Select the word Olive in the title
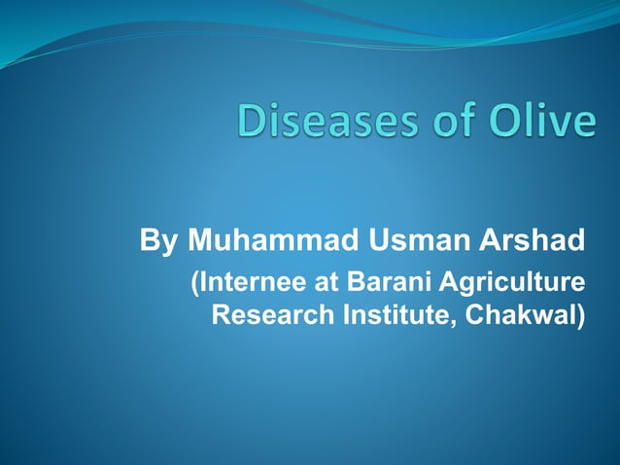[x=543, y=125]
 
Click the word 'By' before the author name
[x=158, y=239]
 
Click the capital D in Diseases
[x=252, y=125]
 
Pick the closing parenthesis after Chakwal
[x=581, y=317]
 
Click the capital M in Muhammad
[x=200, y=239]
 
